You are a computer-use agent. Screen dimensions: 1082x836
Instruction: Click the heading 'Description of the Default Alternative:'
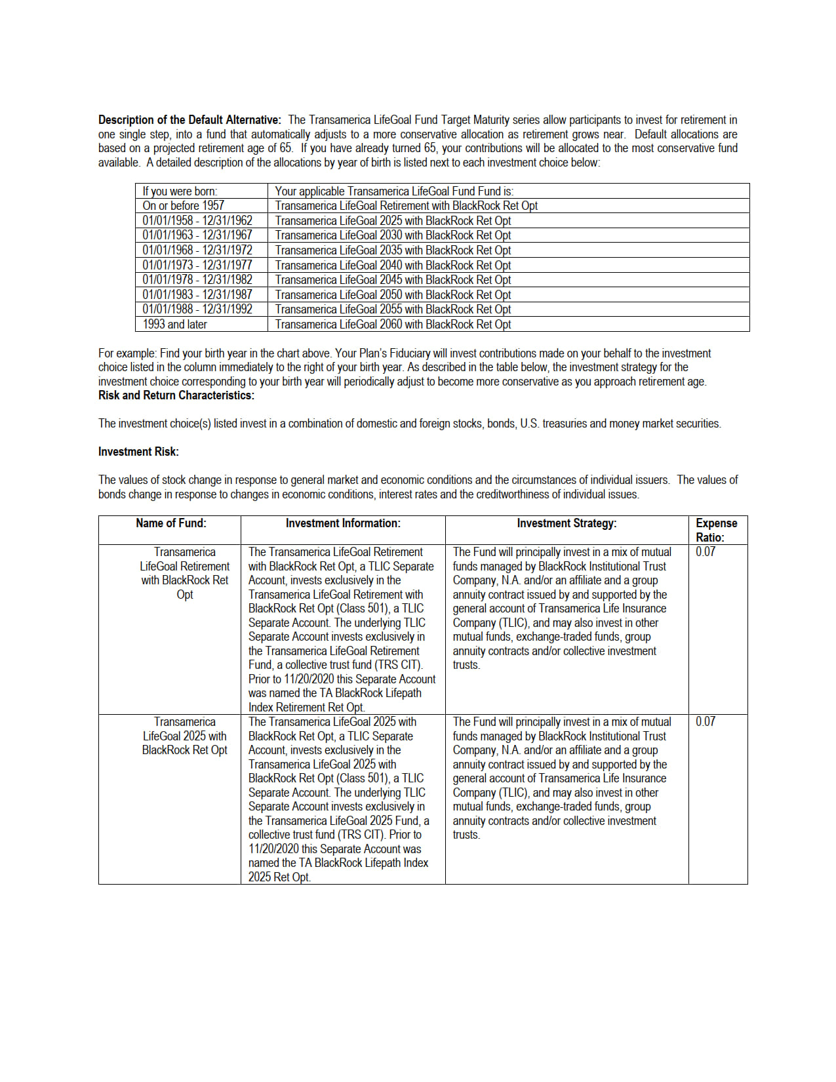click(x=189, y=120)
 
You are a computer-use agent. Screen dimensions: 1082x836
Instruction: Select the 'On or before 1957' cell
click(x=183, y=206)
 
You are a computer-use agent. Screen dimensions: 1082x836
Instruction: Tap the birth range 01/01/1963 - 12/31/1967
click(x=197, y=235)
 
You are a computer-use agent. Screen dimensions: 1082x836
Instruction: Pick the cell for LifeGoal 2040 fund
click(x=393, y=266)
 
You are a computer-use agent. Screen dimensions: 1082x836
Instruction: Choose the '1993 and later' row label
click(x=174, y=325)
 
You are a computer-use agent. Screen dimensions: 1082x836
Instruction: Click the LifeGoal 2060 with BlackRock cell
click(x=393, y=325)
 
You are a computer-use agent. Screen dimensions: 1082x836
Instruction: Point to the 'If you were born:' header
click(x=180, y=191)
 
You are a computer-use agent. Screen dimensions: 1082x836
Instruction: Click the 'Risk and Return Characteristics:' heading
click(x=176, y=395)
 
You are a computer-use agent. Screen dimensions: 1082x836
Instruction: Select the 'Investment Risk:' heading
click(x=138, y=452)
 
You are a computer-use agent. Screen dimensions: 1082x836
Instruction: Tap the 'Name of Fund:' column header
click(x=170, y=523)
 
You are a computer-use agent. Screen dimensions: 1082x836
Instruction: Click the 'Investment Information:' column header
click(x=343, y=523)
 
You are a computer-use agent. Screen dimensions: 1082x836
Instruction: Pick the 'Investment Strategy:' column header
click(x=567, y=523)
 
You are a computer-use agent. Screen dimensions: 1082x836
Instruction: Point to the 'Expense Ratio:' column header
click(x=716, y=530)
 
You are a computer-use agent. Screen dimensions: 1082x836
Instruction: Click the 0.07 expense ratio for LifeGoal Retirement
click(x=706, y=552)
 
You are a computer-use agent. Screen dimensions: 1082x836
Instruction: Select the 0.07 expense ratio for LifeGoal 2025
click(x=706, y=722)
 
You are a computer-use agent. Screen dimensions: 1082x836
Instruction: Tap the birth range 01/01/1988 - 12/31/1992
click(x=197, y=310)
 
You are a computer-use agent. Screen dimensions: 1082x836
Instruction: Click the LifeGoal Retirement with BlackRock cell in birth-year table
click(x=406, y=206)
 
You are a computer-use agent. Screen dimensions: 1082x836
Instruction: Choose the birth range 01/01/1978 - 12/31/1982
click(x=197, y=280)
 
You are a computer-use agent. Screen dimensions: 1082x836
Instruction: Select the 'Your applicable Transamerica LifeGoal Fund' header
click(x=394, y=191)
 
